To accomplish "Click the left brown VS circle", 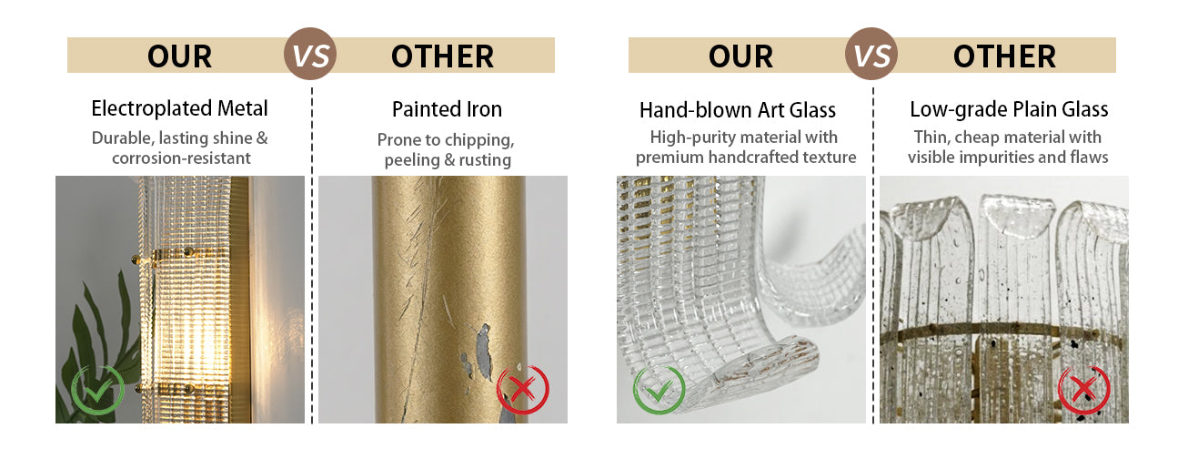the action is pos(310,54).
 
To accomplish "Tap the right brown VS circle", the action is pos(871,54).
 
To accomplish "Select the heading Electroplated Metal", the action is pos(179,108).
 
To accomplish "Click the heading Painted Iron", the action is pos(447,109).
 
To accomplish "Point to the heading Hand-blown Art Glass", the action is pos(738,110).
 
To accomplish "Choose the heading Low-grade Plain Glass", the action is pos(1009,109).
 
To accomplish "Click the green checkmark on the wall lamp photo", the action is pos(97,390).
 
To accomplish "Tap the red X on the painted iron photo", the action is pos(523,390).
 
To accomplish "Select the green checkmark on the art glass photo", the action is pos(659,390).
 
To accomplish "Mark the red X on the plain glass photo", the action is pos(1084,390).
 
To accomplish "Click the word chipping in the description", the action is pos(479,140).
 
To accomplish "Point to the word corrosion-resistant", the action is pos(181,158).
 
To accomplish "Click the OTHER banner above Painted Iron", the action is pos(443,56).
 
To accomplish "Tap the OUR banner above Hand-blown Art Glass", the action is pos(740,56).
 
